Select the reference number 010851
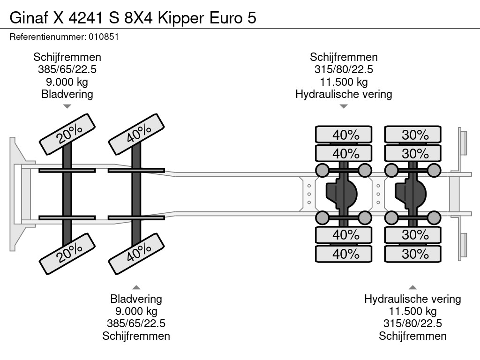(103, 37)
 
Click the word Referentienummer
(46, 37)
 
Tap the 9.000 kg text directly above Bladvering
(67, 82)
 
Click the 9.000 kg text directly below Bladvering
(136, 311)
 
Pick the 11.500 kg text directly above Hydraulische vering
(344, 82)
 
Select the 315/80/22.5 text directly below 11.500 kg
(412, 323)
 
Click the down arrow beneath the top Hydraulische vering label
(344, 106)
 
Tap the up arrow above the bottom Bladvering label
(136, 287)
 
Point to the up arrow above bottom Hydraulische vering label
(412, 287)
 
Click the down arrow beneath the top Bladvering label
(67, 106)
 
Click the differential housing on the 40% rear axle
(342, 192)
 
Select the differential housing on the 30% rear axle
(411, 192)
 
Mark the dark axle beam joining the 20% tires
(67, 192)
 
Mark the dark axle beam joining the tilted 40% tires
(136, 192)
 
